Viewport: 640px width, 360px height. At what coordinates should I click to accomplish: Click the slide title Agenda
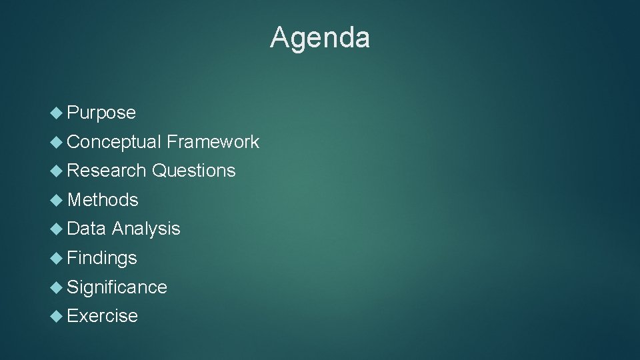click(320, 38)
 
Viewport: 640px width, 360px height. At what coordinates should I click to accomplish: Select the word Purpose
click(101, 113)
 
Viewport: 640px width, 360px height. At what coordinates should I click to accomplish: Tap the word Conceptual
click(114, 142)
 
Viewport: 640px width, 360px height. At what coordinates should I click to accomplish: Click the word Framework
click(213, 141)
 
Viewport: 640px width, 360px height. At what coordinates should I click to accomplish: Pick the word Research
click(107, 171)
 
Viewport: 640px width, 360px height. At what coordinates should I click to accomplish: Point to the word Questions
click(193, 171)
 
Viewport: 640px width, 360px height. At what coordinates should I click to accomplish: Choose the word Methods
click(103, 200)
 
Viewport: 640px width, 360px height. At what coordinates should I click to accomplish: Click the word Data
click(87, 229)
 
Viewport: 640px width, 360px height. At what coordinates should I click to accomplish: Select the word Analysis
click(146, 229)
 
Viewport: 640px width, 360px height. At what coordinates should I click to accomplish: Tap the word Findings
click(102, 258)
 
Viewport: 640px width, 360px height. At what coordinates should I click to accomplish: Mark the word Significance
click(117, 287)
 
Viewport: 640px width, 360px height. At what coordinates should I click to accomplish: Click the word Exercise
click(102, 316)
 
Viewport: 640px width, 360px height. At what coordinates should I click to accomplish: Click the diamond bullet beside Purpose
click(57, 113)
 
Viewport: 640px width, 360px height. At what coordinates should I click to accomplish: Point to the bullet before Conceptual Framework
click(57, 141)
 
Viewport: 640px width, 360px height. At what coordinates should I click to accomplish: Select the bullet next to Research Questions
click(57, 171)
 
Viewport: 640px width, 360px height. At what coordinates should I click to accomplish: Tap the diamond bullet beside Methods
click(57, 199)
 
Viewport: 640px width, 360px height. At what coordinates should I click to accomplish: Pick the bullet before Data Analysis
click(57, 229)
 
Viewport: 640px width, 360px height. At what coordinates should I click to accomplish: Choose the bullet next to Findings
click(57, 257)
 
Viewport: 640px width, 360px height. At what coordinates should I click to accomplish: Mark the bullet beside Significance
click(57, 287)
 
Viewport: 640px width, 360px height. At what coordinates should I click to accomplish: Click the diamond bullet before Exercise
click(57, 315)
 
